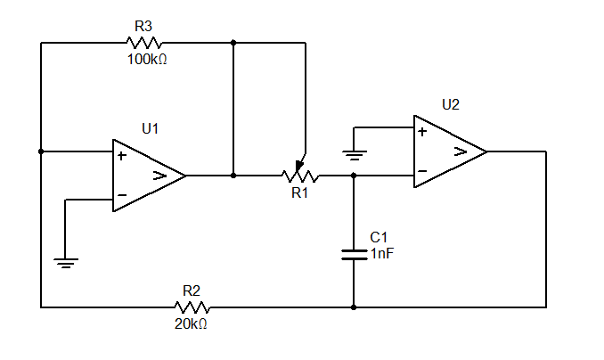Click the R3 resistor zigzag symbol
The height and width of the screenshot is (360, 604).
(144, 43)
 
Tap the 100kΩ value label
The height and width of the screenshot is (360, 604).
(147, 60)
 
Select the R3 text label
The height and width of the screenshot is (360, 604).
(143, 26)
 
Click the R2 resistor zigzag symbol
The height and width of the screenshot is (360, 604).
(192, 307)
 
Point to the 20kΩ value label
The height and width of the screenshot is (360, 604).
(191, 324)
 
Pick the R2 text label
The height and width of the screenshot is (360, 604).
(192, 291)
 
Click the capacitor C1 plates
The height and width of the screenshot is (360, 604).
(354, 255)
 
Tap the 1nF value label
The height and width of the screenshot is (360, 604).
(382, 254)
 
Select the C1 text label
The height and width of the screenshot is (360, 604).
(379, 237)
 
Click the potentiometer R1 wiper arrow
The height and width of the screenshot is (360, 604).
(299, 166)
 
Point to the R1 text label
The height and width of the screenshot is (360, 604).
(299, 192)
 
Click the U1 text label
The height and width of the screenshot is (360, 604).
(150, 128)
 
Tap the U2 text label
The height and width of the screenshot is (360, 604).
(450, 105)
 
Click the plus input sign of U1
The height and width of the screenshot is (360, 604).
(122, 156)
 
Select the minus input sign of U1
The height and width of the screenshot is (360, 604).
(122, 195)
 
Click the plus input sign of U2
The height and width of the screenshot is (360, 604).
(422, 132)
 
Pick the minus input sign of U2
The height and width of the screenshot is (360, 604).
(422, 171)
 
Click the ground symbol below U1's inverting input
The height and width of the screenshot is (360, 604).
(66, 263)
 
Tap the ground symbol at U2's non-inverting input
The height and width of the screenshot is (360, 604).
(355, 155)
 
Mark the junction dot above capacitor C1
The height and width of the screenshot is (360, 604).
(354, 176)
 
